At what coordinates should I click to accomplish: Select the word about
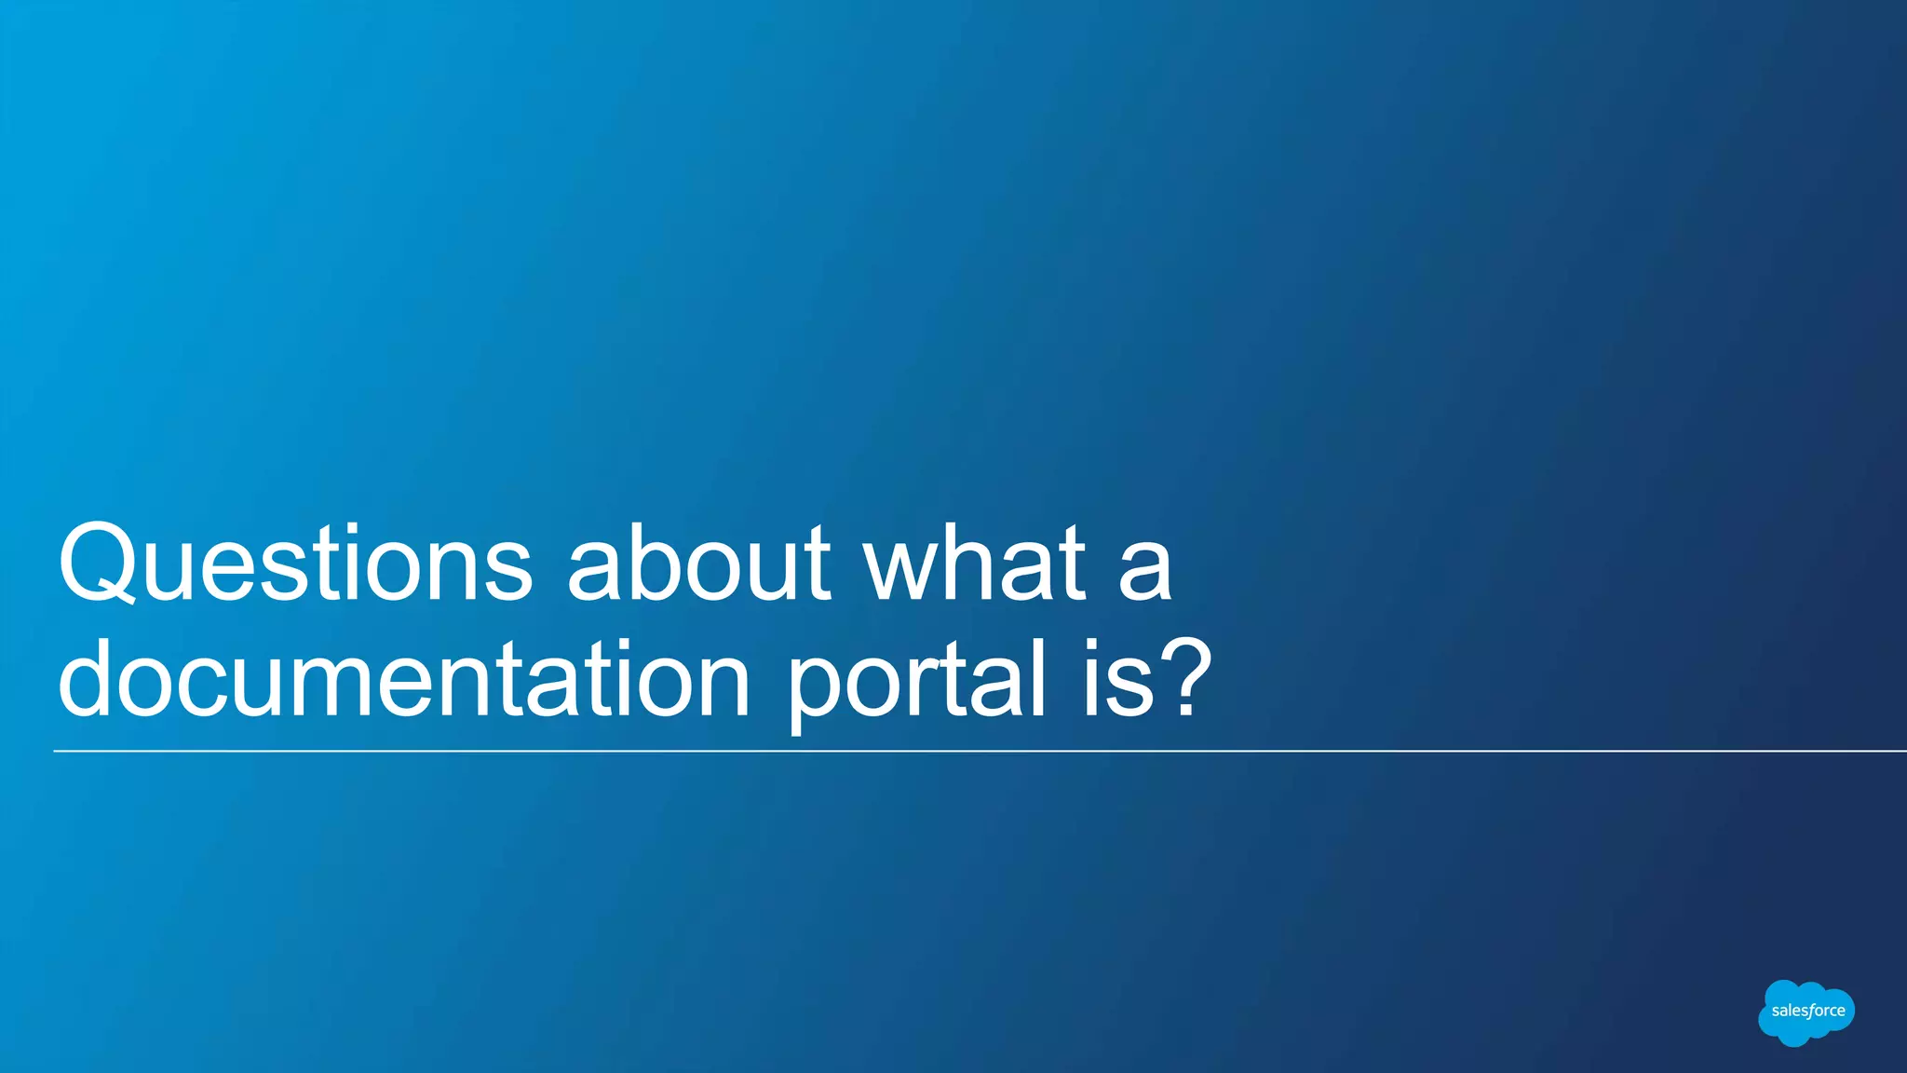click(699, 564)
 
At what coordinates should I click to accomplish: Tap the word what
click(974, 564)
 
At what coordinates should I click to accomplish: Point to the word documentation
click(403, 679)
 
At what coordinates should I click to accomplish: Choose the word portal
click(917, 681)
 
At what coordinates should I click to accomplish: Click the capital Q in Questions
click(97, 564)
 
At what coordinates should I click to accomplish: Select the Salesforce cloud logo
click(1806, 1012)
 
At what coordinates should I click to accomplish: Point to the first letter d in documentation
click(89, 679)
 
